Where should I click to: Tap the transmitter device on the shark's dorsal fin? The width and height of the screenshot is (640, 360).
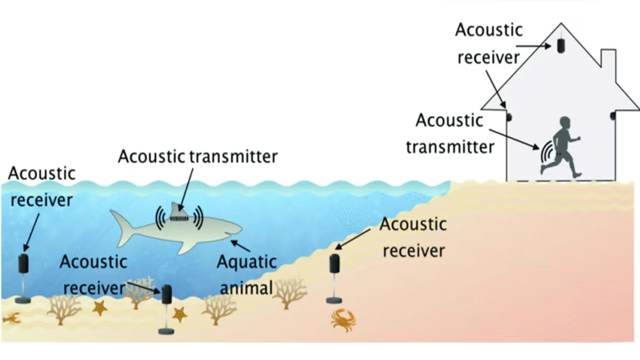[x=178, y=217]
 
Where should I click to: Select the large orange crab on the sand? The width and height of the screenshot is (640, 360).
[x=343, y=319]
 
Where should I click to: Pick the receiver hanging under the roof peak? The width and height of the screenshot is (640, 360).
[x=561, y=45]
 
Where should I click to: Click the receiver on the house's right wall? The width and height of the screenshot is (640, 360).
[x=612, y=116]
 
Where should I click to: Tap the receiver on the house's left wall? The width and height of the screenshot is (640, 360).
[x=509, y=117]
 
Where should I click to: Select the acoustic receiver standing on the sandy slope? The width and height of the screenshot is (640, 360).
[x=334, y=263]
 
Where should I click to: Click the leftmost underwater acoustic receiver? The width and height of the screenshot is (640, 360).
[x=23, y=263]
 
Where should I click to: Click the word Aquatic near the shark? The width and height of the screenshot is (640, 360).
[x=246, y=261]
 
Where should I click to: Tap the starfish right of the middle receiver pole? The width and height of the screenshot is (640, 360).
[x=179, y=314]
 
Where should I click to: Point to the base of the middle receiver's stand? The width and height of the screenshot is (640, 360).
[x=166, y=330]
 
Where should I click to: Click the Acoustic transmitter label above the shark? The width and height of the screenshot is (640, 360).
[x=197, y=156]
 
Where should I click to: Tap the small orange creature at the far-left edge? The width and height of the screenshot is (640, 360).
[x=10, y=318]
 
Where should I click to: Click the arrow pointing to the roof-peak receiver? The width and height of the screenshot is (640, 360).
[x=540, y=45]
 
